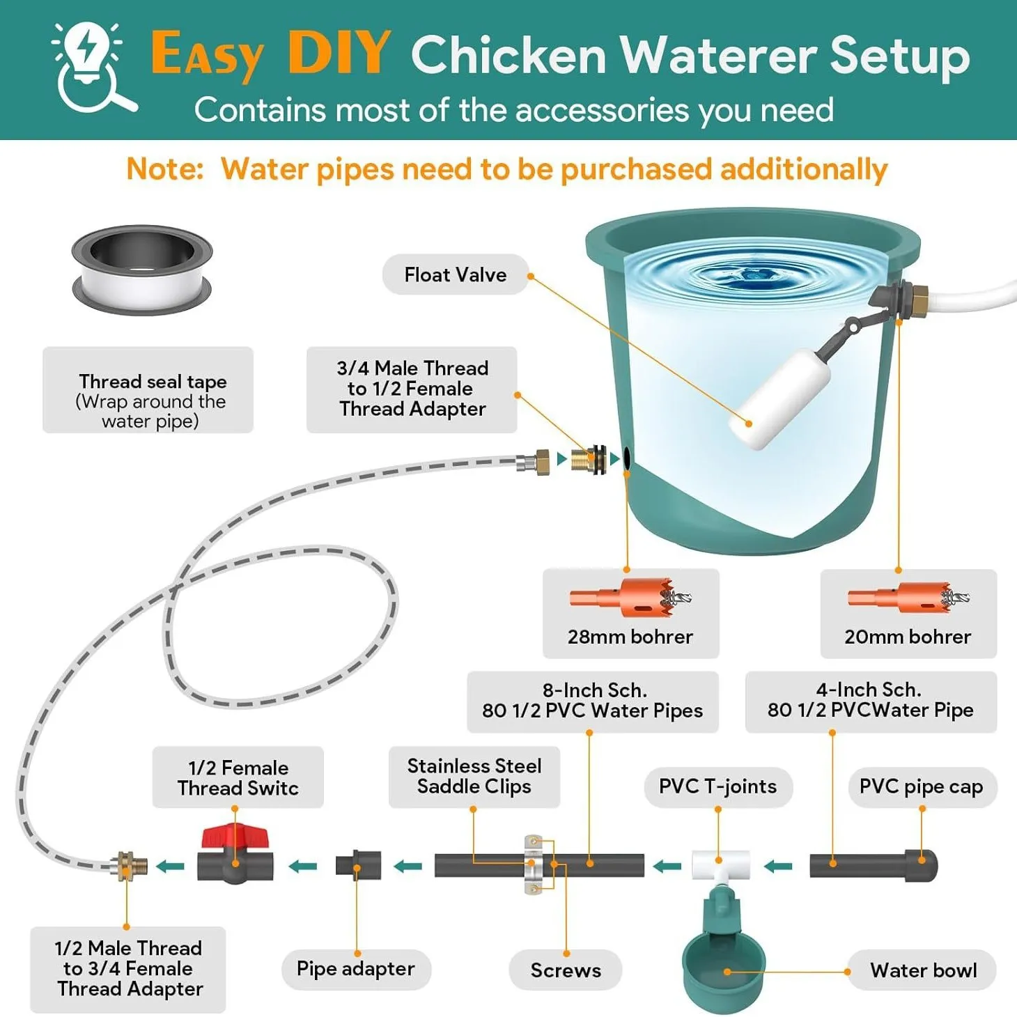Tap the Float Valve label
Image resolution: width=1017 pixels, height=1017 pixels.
click(x=455, y=274)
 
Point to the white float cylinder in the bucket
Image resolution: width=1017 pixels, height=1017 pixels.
click(x=779, y=398)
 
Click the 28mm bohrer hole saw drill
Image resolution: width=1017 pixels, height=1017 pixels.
click(x=630, y=598)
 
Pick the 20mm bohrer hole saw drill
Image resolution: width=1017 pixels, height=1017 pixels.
click(x=908, y=598)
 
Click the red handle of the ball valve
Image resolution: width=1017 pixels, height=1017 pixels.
click(x=235, y=837)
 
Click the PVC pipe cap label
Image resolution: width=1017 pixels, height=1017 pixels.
click(x=922, y=787)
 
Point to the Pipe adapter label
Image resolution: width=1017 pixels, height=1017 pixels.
click(x=356, y=969)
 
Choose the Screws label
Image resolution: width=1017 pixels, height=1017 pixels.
click(x=566, y=970)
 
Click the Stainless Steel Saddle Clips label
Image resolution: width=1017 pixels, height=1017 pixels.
click(x=474, y=777)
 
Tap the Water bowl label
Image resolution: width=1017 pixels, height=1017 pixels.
click(x=923, y=970)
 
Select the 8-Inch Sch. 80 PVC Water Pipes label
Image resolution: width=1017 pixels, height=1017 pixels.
click(x=593, y=701)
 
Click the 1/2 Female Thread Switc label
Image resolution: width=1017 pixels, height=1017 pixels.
click(x=238, y=777)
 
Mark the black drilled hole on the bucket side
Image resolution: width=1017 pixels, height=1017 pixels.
click(x=626, y=458)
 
